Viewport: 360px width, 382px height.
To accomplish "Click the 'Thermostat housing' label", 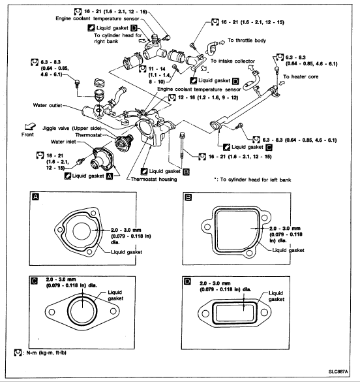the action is click(154, 180).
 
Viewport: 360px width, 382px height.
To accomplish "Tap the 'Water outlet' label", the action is click(48, 106).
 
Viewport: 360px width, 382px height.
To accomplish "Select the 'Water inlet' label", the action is click(63, 142).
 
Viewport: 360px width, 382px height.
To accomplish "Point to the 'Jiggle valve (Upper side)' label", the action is click(72, 129).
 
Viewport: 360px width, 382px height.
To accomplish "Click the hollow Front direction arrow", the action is click(30, 127).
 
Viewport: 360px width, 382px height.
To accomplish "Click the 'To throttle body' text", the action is click(247, 40).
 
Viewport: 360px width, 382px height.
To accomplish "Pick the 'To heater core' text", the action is click(301, 77).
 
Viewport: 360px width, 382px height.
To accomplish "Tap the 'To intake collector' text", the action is click(233, 61).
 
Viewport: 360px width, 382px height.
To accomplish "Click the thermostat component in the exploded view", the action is click(124, 142).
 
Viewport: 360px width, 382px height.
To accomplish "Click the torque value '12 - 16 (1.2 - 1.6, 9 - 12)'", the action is click(208, 98).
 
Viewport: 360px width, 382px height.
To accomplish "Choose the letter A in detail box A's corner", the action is click(35, 197).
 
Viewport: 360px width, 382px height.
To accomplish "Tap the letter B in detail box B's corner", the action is click(188, 197).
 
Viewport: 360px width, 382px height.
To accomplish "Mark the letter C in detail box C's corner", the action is click(35, 281).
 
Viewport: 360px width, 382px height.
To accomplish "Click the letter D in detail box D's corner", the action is click(187, 281).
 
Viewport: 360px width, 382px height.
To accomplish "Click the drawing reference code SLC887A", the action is click(338, 372).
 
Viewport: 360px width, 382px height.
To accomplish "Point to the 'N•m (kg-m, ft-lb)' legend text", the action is click(46, 353).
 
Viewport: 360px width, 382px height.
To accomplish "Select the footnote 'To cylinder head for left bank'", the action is click(256, 180).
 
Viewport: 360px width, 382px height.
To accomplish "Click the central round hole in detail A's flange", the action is click(82, 231).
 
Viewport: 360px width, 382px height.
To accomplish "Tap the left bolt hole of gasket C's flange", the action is click(52, 312).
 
